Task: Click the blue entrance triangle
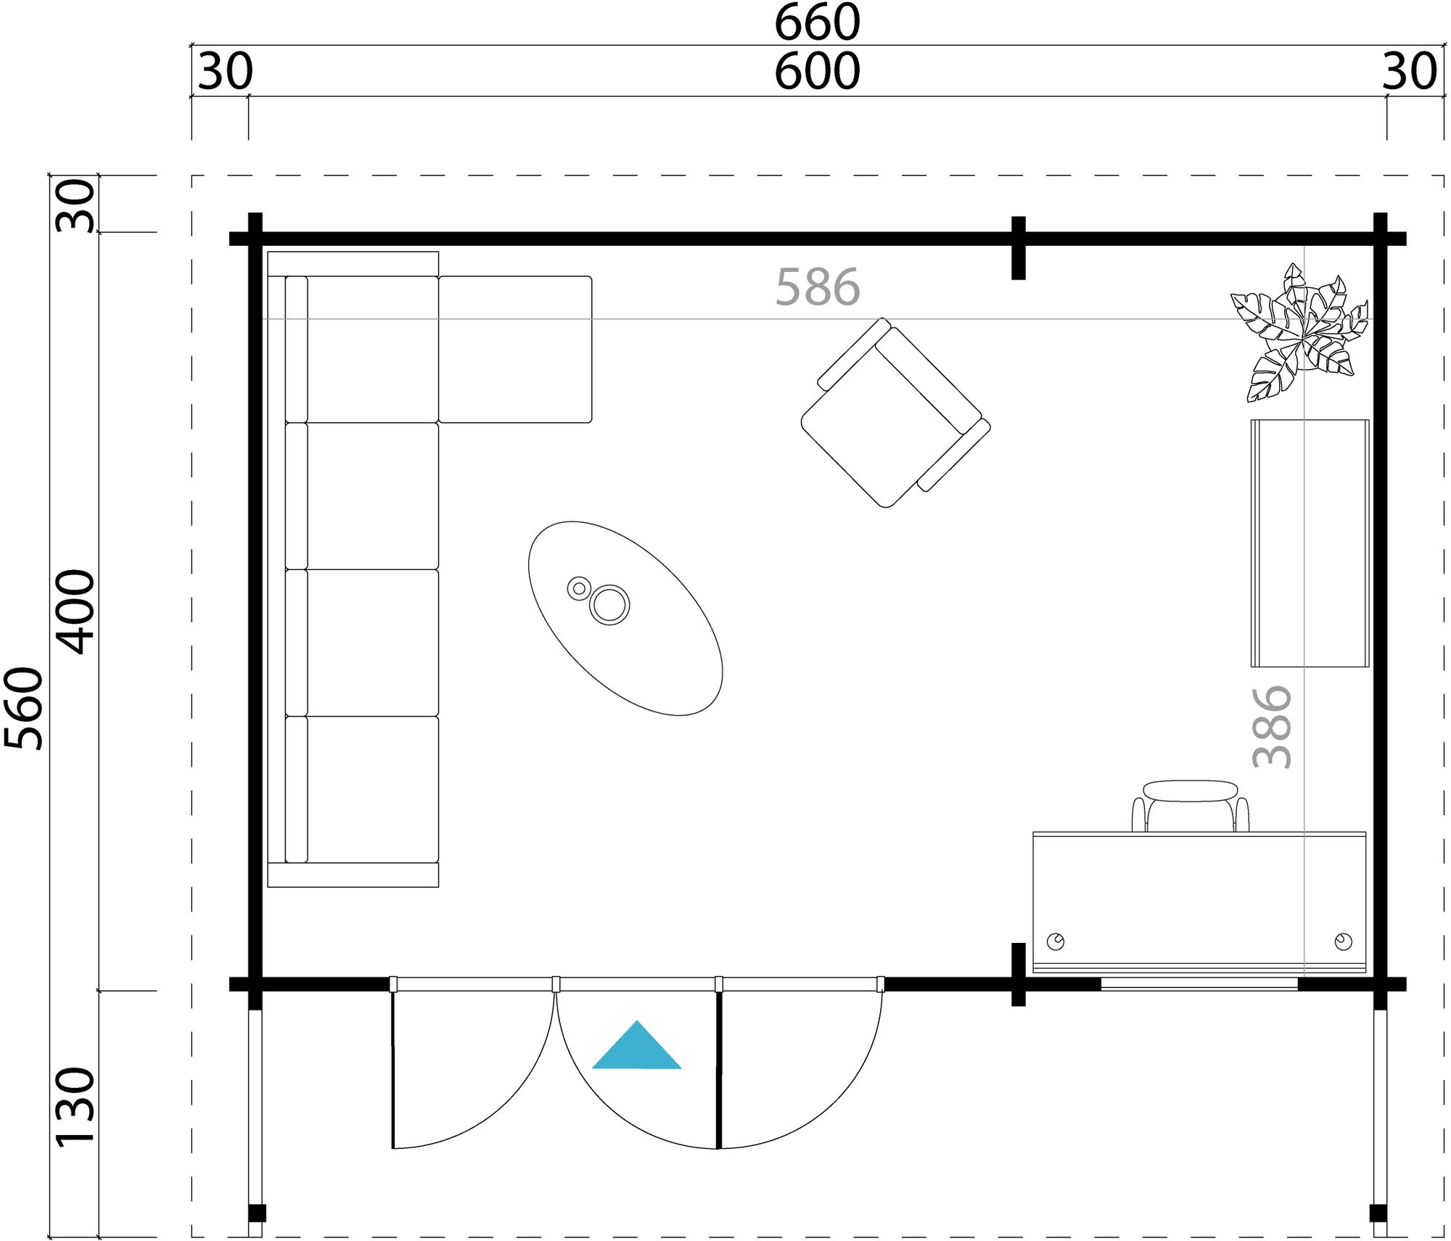[x=636, y=1049]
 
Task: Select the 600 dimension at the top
[x=817, y=72]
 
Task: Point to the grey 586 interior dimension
[x=817, y=287]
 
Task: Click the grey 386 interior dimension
[x=1272, y=727]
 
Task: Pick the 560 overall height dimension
[x=24, y=708]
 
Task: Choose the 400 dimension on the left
[x=75, y=612]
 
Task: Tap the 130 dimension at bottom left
[x=75, y=1107]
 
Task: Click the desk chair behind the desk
[x=1190, y=805]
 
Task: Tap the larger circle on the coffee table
[x=609, y=604]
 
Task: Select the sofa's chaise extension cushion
[x=515, y=349]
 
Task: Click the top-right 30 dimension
[x=1409, y=72]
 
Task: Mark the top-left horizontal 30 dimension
[x=225, y=72]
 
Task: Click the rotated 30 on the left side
[x=75, y=206]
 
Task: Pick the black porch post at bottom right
[x=1378, y=1213]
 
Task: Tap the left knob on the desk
[x=1055, y=941]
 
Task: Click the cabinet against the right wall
[x=1310, y=543]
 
